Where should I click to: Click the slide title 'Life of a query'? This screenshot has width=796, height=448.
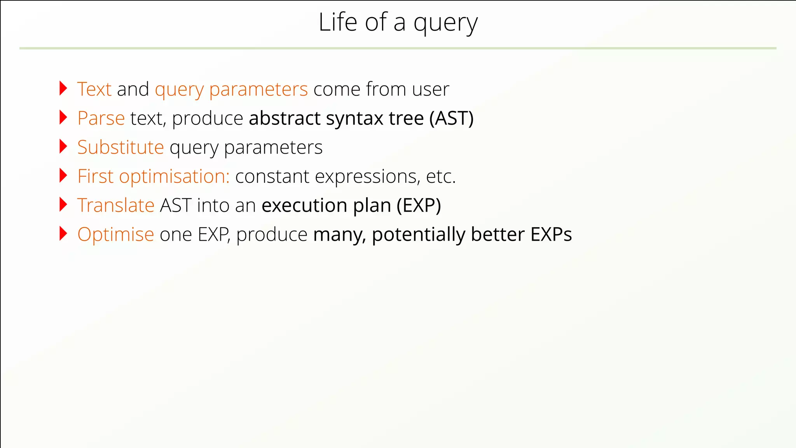point(398,23)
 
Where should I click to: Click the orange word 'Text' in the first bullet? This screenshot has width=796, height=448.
point(94,89)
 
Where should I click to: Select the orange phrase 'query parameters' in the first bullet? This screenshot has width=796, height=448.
point(231,90)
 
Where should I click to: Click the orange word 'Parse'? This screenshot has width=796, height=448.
point(101,118)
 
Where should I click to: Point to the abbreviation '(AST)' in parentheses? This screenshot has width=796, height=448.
point(451,118)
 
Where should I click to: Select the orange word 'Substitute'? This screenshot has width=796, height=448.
point(120,147)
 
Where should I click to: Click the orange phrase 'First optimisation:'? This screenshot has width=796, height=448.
point(154,177)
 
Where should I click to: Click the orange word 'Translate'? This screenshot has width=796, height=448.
point(116,205)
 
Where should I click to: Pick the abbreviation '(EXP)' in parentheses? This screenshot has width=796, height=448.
point(419,205)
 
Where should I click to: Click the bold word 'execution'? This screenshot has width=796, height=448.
point(304,205)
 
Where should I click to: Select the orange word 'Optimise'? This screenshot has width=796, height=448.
point(116,234)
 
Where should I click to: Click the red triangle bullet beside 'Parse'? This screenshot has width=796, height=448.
point(63,117)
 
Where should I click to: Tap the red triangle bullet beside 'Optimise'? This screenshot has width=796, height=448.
point(63,234)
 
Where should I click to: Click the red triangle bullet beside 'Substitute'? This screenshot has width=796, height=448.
point(63,147)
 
